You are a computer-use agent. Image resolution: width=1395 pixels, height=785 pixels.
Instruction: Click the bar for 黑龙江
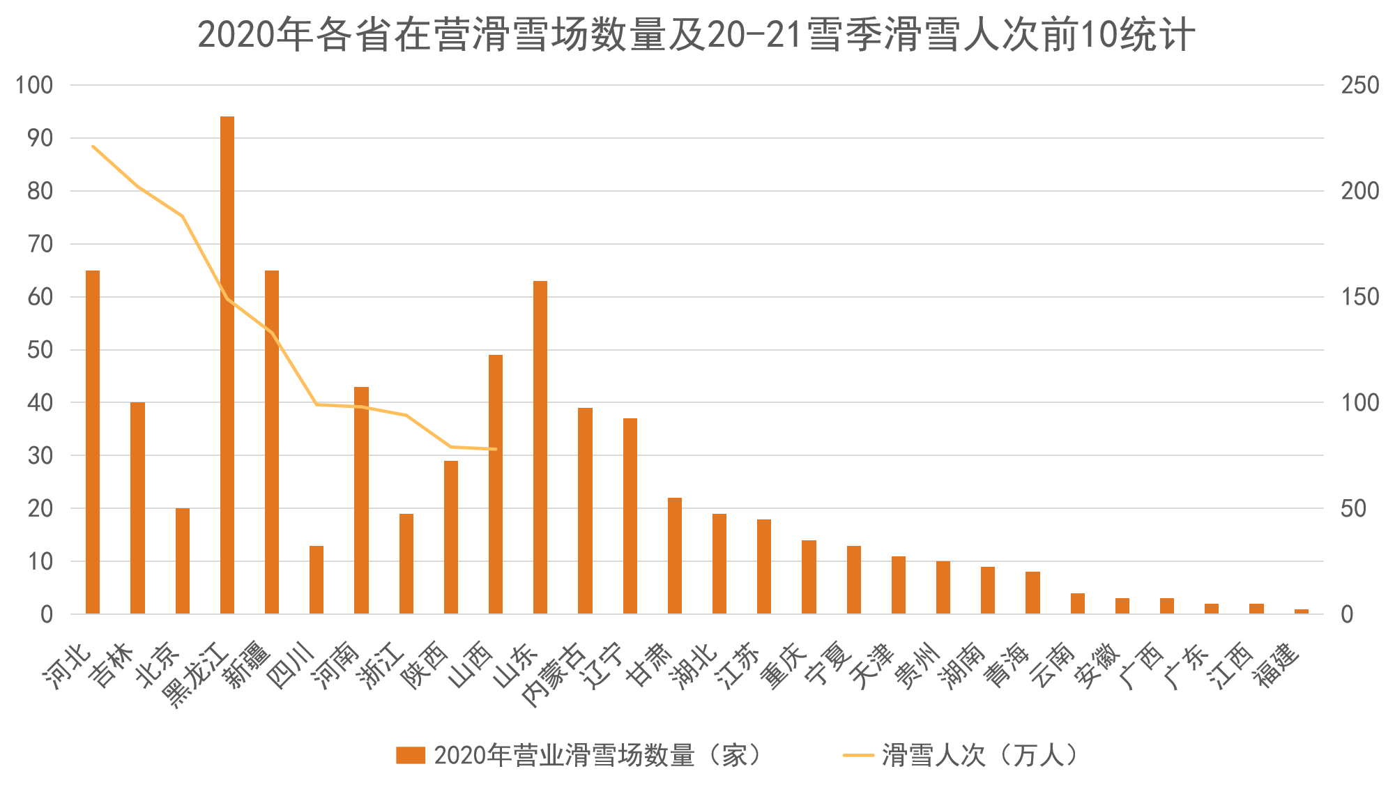(x=227, y=365)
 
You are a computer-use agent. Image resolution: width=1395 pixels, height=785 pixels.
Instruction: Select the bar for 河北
(x=93, y=442)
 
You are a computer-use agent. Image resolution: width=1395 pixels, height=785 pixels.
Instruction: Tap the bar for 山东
(x=540, y=447)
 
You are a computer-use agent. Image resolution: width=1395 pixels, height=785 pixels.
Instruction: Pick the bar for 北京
(x=183, y=561)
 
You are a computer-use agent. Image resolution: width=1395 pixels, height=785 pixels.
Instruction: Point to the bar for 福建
(x=1301, y=611)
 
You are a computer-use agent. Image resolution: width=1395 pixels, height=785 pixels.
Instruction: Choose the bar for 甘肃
(x=675, y=556)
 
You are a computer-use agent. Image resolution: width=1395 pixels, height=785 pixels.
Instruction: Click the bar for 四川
(x=317, y=579)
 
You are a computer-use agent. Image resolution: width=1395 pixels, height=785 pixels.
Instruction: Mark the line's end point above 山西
(x=496, y=449)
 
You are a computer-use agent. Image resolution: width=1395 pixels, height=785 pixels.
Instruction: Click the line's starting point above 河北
(x=93, y=146)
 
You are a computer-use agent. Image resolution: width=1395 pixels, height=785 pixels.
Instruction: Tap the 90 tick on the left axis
(x=40, y=138)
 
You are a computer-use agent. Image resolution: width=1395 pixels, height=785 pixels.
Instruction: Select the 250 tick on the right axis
(x=1359, y=85)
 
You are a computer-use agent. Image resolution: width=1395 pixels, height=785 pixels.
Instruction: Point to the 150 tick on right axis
(x=1359, y=297)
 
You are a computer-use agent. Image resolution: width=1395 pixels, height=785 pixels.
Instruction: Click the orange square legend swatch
(x=411, y=755)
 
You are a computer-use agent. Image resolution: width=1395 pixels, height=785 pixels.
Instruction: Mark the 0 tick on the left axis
(x=47, y=614)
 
